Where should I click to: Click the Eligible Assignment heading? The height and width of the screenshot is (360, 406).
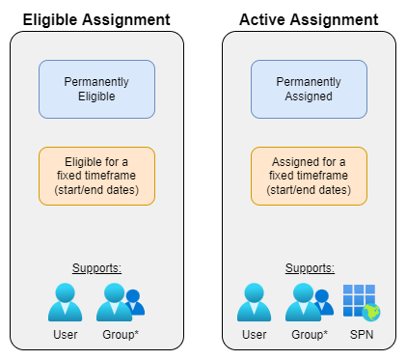(x=96, y=18)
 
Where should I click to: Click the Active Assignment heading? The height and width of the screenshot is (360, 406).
(x=309, y=18)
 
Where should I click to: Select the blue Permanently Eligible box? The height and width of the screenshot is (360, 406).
(x=96, y=90)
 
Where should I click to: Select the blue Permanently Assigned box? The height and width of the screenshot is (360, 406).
(x=309, y=90)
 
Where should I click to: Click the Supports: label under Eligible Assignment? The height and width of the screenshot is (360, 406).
(x=96, y=267)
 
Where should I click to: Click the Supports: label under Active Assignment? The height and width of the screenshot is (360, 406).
(x=309, y=267)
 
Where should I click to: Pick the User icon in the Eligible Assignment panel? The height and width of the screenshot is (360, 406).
(x=65, y=302)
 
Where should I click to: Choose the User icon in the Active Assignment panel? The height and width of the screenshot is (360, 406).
(x=254, y=302)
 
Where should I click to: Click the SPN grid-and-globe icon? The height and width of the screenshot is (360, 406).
(x=362, y=302)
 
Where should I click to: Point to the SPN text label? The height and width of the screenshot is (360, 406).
(x=362, y=334)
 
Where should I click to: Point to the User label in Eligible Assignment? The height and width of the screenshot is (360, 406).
(x=65, y=334)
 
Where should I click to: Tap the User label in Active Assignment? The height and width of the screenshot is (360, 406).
(x=254, y=334)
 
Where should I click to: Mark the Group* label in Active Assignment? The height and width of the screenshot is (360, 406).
(x=310, y=334)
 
